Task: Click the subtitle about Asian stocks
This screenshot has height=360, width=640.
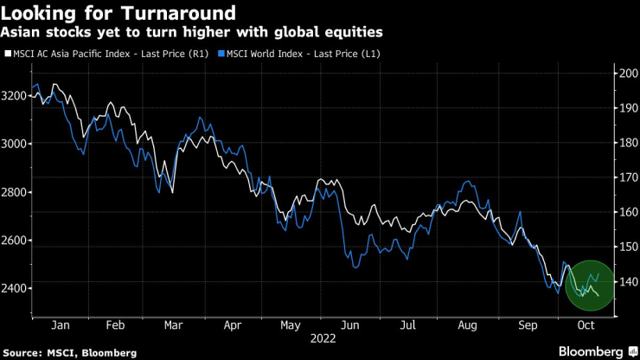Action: click(x=192, y=32)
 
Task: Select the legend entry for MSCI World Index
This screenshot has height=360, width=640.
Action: click(x=302, y=54)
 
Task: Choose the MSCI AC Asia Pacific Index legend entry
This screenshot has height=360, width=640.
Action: click(x=110, y=54)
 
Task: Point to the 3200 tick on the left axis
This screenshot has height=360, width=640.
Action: click(x=14, y=95)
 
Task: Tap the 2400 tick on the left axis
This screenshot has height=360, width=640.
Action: click(x=14, y=288)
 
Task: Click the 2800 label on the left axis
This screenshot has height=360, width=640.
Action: click(x=14, y=192)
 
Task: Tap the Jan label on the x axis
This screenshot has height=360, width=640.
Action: click(x=60, y=326)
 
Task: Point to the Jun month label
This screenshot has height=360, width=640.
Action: click(x=350, y=326)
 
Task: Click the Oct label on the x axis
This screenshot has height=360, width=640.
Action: click(x=586, y=326)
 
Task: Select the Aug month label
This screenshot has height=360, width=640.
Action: click(x=468, y=326)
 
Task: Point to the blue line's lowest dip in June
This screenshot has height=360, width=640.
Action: click(x=355, y=267)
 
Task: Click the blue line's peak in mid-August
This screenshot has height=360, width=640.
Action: click(x=468, y=182)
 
